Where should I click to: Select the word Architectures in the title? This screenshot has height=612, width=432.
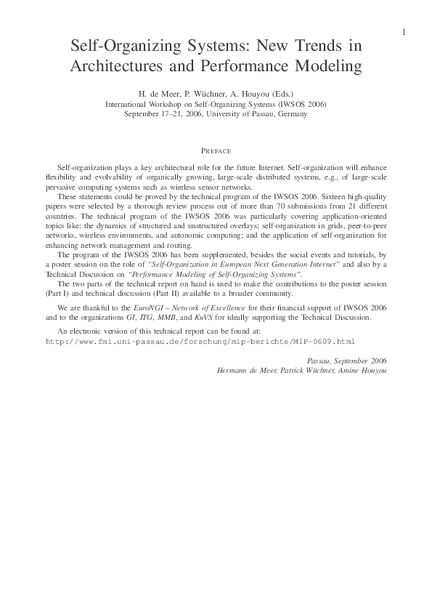115,67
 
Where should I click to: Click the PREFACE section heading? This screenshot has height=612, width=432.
216,151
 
